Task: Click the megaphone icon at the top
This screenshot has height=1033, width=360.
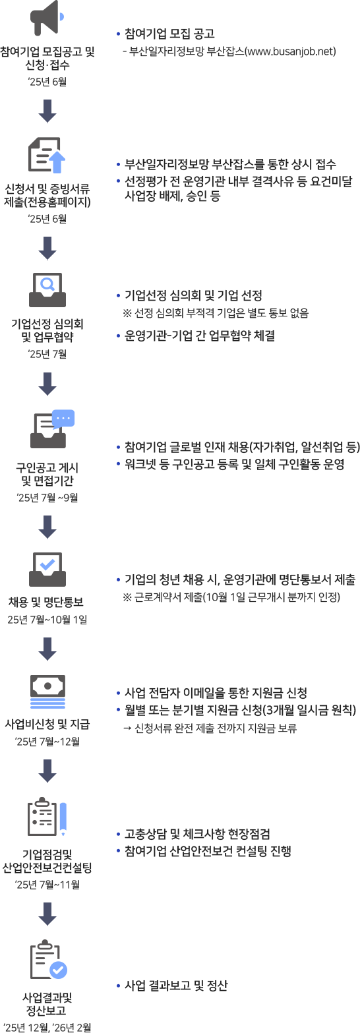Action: tap(47, 18)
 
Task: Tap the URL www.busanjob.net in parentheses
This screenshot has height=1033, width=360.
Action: tap(291, 51)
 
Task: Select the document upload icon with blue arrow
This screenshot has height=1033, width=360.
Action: tap(47, 154)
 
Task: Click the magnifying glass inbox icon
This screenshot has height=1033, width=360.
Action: tap(47, 290)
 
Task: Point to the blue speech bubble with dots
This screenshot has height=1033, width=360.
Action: tap(63, 418)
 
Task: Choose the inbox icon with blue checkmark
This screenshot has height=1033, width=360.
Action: tap(47, 569)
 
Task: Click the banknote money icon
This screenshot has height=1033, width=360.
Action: tap(47, 691)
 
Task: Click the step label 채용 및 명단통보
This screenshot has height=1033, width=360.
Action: tap(45, 602)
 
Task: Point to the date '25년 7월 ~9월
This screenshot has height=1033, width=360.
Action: tap(47, 498)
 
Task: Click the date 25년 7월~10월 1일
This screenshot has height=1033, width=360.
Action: tap(47, 620)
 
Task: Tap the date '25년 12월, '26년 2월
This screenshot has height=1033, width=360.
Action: tap(47, 1027)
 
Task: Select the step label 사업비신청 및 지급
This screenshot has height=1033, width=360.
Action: tap(47, 724)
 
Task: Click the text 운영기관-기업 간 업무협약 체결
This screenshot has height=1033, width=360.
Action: tap(200, 336)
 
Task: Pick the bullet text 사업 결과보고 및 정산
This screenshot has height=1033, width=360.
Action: tap(176, 986)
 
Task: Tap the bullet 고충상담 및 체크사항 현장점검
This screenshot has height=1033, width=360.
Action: tap(197, 834)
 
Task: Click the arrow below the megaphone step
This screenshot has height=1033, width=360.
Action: tap(47, 111)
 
